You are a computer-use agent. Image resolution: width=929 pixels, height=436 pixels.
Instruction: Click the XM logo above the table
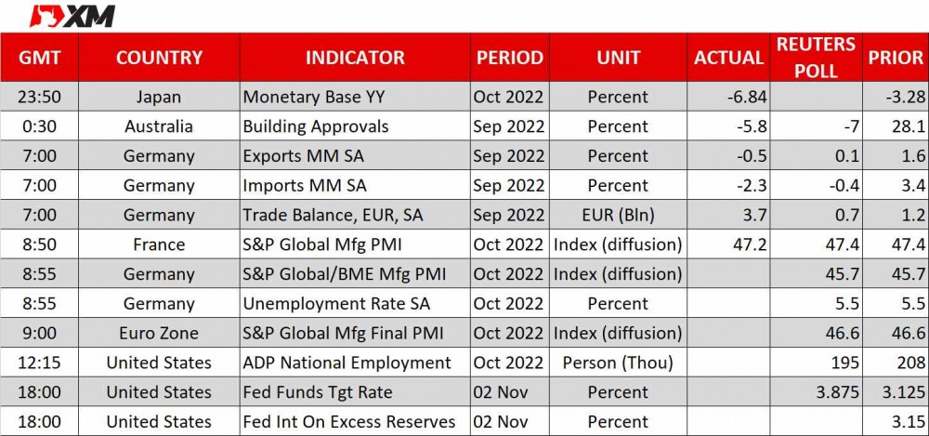[x=72, y=16]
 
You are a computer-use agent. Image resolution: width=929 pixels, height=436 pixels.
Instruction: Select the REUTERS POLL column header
[x=816, y=58]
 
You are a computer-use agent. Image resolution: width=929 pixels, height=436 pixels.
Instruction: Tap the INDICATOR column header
[x=355, y=58]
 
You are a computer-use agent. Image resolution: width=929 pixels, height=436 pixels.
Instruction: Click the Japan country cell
[x=158, y=97]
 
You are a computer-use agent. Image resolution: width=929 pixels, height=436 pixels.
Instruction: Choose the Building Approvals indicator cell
[x=316, y=126]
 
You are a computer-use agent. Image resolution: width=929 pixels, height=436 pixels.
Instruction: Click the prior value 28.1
[x=909, y=126]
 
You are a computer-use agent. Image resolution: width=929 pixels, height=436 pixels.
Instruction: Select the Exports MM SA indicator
[x=304, y=156]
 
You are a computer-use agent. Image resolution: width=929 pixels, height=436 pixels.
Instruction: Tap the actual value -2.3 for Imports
[x=750, y=186]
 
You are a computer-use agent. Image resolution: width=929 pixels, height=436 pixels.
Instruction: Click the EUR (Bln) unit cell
[x=618, y=216]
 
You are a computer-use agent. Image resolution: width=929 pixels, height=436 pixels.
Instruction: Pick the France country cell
[x=158, y=244]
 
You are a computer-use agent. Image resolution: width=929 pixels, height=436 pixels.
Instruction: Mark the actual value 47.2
[x=750, y=244]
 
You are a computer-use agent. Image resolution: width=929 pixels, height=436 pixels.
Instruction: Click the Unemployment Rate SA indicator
[x=336, y=304]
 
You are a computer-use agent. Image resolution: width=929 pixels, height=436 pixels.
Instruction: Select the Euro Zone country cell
[x=158, y=334]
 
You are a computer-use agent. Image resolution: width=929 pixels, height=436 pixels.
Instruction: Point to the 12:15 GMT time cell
[x=39, y=363]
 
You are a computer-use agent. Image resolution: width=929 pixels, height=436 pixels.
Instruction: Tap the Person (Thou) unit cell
[x=618, y=363]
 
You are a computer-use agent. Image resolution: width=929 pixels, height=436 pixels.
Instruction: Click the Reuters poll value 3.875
[x=837, y=392]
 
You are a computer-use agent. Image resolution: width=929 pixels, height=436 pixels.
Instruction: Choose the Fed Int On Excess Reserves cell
[x=349, y=422]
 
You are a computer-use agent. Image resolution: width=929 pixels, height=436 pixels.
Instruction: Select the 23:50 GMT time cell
[x=39, y=97]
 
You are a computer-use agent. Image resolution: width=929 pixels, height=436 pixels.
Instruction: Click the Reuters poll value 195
[x=846, y=363]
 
